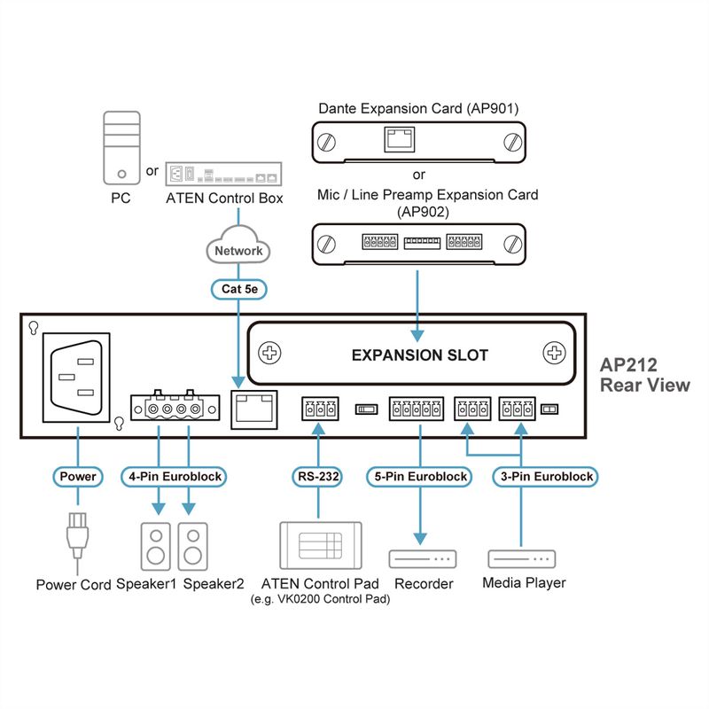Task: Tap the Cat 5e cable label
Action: coord(238,289)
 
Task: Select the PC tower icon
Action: coord(121,148)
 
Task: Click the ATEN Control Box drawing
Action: coord(223,174)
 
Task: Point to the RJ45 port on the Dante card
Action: coord(400,139)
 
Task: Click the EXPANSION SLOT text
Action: coord(419,355)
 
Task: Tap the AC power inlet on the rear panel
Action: coord(76,378)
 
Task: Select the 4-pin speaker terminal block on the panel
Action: coord(175,407)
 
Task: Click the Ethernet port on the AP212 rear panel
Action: coord(254,409)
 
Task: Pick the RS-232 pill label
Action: coord(317,476)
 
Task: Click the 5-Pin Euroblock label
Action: coord(420,476)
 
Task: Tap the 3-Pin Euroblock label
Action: coord(546,476)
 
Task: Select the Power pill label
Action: coord(78,476)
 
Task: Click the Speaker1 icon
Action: coord(156,546)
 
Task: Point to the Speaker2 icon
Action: coord(192,546)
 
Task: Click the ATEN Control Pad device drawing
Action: coord(321,545)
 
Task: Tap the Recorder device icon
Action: coord(423,559)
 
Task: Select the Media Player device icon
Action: coord(521,559)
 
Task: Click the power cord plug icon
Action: coord(77,538)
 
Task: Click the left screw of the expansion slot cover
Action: coord(269,353)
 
